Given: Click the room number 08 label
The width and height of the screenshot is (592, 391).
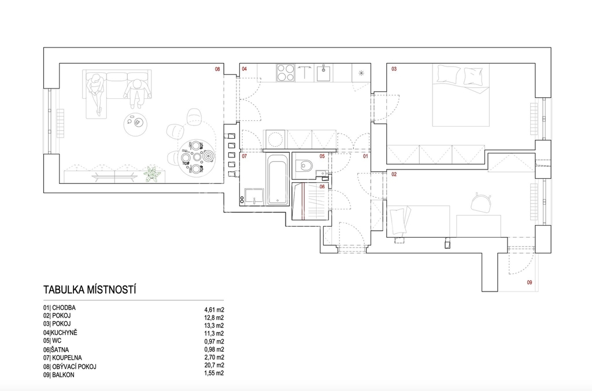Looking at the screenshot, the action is coord(217,69).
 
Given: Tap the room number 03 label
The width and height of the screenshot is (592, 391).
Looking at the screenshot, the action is coord(394,69).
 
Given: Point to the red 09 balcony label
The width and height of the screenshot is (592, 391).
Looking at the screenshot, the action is coord(530,282).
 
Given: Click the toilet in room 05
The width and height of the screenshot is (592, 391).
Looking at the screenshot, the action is coord(304,165).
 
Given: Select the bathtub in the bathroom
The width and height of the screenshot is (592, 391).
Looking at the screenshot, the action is coord(277,179).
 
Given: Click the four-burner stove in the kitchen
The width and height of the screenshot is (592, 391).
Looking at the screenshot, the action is coord(286,73).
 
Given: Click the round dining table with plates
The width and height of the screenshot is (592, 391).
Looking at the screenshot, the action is coord(197,156).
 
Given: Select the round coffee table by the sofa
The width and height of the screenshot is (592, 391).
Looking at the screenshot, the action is coord(135,123).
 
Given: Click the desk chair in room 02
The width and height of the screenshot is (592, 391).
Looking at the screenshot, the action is coord(480,202).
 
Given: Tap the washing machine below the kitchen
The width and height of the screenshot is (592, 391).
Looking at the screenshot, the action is coord(276,139).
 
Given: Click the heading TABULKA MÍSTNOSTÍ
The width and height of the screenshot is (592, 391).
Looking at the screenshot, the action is coord(90,290).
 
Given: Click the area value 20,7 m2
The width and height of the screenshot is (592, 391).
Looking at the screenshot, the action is coord(214,366).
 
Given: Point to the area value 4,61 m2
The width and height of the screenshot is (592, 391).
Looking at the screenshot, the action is coord(214,310).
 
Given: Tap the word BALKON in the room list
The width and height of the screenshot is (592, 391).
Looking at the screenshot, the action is coord(63,375).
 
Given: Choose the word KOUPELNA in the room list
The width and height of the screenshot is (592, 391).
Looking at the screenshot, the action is coord(67,357).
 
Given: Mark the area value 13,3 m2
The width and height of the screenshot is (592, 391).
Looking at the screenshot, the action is coord(214,325).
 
